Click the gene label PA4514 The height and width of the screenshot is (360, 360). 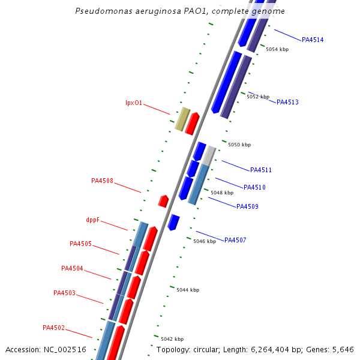click(313, 40)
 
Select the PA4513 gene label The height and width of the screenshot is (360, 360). click(287, 103)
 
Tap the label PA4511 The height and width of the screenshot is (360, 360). click(261, 170)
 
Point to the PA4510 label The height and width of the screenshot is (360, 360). click(254, 188)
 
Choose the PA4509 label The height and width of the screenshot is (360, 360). click(247, 207)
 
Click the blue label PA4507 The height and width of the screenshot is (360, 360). click(235, 241)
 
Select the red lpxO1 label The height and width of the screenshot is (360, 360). click(134, 103)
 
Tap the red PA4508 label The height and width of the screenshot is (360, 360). click(102, 181)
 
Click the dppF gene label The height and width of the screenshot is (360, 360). click(92, 220)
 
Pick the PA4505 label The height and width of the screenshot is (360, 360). click(80, 244)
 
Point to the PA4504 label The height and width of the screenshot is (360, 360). click(72, 269)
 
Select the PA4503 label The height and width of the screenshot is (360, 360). click(64, 293)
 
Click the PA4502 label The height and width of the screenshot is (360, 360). click(53, 328)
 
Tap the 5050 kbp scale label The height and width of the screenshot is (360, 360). click(239, 145)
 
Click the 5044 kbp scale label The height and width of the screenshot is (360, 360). click(188, 290)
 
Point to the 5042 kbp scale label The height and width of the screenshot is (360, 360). click(172, 339)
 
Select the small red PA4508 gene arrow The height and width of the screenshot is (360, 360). click(163, 201)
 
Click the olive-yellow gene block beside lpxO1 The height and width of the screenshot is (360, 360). click(182, 119)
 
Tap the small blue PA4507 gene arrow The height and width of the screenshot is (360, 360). click(173, 222)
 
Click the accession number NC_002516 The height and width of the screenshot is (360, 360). click(65, 349)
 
